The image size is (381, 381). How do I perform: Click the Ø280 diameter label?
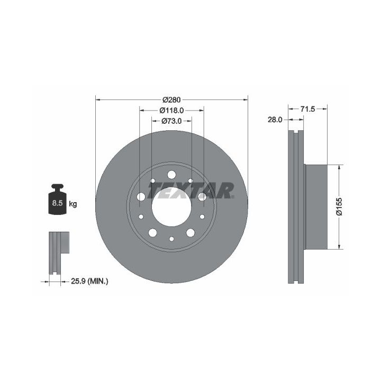(171, 99)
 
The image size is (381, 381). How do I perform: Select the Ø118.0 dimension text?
(171, 110)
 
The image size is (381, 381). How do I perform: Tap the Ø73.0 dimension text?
(171, 121)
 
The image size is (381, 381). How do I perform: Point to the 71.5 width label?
(307, 109)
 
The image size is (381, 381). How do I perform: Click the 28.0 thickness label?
(275, 120)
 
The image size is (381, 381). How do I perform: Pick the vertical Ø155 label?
(339, 207)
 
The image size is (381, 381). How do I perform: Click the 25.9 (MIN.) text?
(89, 282)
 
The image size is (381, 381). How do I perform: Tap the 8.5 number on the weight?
(57, 203)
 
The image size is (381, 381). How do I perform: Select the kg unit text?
(73, 204)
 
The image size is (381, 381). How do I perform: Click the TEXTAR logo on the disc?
(191, 190)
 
